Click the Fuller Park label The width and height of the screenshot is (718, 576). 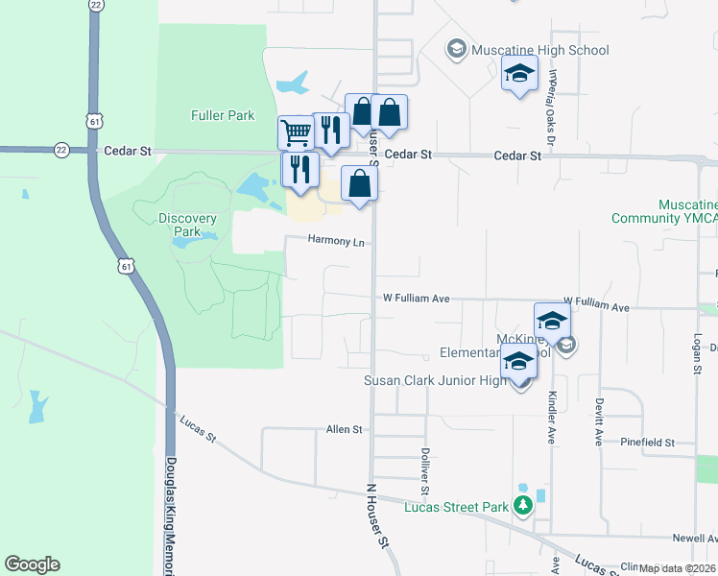pyautogui.click(x=222, y=115)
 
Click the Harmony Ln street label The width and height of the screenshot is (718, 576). pyautogui.click(x=336, y=242)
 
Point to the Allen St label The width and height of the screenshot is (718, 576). pyautogui.click(x=345, y=429)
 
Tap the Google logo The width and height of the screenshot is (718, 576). pyautogui.click(x=32, y=564)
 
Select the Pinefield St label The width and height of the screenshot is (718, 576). pyautogui.click(x=648, y=443)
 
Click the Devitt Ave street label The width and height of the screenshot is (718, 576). pyautogui.click(x=599, y=423)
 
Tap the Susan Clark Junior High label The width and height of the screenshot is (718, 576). pyautogui.click(x=434, y=381)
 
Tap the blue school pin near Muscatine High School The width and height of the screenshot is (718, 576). pyautogui.click(x=519, y=74)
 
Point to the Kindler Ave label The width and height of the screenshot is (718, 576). pyautogui.click(x=552, y=417)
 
